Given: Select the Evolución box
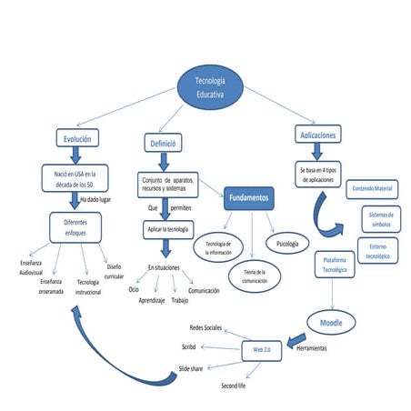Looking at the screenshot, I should (x=76, y=138).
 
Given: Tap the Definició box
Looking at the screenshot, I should (x=164, y=142).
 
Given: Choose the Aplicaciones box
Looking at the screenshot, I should (x=317, y=135).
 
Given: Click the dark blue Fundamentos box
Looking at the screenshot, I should (x=248, y=197).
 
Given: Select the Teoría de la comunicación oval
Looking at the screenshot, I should (x=254, y=276).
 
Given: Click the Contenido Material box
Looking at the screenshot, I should (x=371, y=188).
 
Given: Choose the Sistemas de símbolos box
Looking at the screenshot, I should (x=378, y=218).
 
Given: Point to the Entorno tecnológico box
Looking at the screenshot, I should (x=376, y=251).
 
